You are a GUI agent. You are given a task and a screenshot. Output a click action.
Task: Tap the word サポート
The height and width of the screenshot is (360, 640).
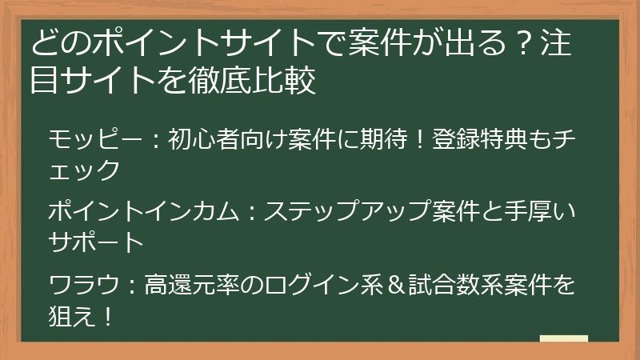pos(97,241)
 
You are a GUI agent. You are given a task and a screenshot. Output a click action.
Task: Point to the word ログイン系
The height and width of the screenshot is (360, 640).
pos(305,285)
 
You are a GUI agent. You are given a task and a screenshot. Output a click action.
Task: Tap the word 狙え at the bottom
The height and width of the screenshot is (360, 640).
pos(73,315)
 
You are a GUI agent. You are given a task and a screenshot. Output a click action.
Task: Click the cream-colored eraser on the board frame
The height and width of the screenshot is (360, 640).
pos(564,338)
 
